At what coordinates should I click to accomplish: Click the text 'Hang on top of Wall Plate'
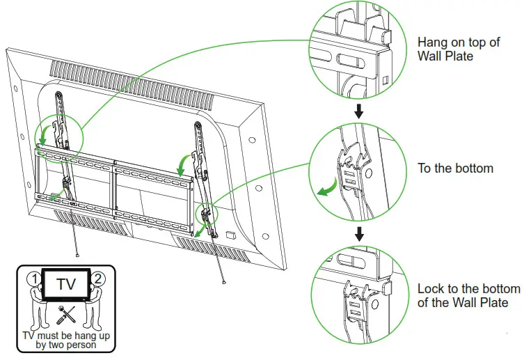tap(458, 49)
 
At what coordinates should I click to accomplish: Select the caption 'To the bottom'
tap(455, 169)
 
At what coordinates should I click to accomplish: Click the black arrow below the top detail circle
tap(359, 111)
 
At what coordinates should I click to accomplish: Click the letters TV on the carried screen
tap(66, 285)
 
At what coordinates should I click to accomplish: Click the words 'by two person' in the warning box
tap(66, 344)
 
